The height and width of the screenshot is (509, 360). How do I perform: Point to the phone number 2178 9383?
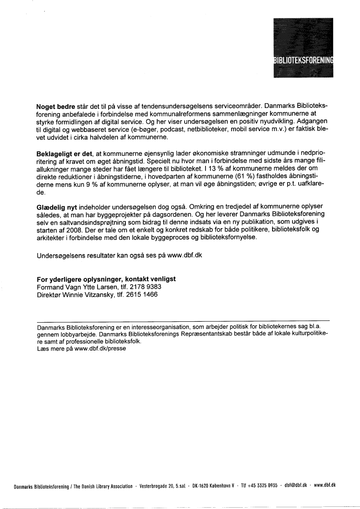pos(146,287)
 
